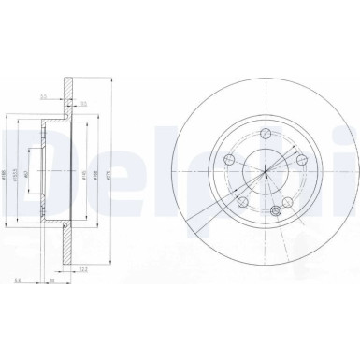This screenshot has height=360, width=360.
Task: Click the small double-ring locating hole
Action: click(x=275, y=212)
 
